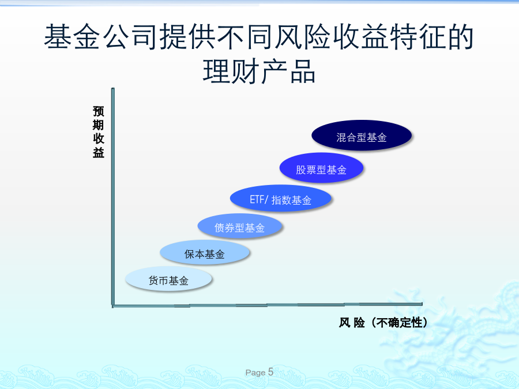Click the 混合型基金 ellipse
pos(362,135)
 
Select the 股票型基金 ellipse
pos(321,168)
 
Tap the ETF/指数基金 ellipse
pos(281,198)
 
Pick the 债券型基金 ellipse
pos(240,226)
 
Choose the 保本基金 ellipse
pos(205,252)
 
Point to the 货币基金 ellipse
pos(168,279)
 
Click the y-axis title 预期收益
pos(98,132)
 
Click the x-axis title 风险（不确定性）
pos(383,323)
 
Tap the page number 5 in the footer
pos(270,372)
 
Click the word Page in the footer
pos(255,373)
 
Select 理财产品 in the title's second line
pos(259,71)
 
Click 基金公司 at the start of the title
pos(100,37)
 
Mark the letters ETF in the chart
pos(257,199)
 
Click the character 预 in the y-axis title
pos(98,111)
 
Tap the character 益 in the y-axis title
pos(98,153)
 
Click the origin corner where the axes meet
pos(113,305)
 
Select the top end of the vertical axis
pos(113,89)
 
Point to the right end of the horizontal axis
pos(422,304)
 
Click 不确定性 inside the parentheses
pos(399,323)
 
